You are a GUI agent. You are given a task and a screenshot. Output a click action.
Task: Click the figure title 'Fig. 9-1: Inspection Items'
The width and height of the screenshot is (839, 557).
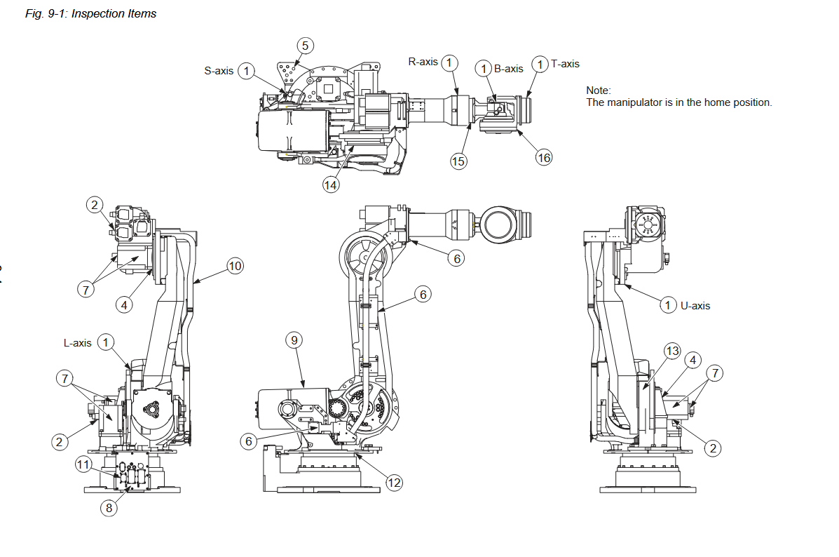pyautogui.click(x=91, y=14)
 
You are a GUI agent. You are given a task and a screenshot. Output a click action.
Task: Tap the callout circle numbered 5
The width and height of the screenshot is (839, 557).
pyautogui.click(x=305, y=46)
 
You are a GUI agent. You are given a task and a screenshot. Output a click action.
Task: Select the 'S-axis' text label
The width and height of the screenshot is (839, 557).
pyautogui.click(x=219, y=71)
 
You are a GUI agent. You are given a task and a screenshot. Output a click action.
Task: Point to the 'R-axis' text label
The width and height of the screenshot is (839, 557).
pyautogui.click(x=423, y=62)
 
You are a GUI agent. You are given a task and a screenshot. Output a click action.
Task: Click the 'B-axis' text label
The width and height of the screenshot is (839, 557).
pyautogui.click(x=508, y=69)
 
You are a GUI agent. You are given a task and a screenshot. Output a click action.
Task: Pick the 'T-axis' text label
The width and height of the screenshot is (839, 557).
pyautogui.click(x=565, y=64)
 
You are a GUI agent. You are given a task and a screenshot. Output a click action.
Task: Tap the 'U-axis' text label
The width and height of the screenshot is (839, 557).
pyautogui.click(x=695, y=306)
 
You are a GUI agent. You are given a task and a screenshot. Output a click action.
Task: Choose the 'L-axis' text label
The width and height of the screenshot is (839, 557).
pyautogui.click(x=78, y=343)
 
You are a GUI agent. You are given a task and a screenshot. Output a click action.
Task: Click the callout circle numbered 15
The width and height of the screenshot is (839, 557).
pyautogui.click(x=458, y=161)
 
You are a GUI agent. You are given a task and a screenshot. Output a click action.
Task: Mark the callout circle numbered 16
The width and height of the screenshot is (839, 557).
pyautogui.click(x=544, y=158)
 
